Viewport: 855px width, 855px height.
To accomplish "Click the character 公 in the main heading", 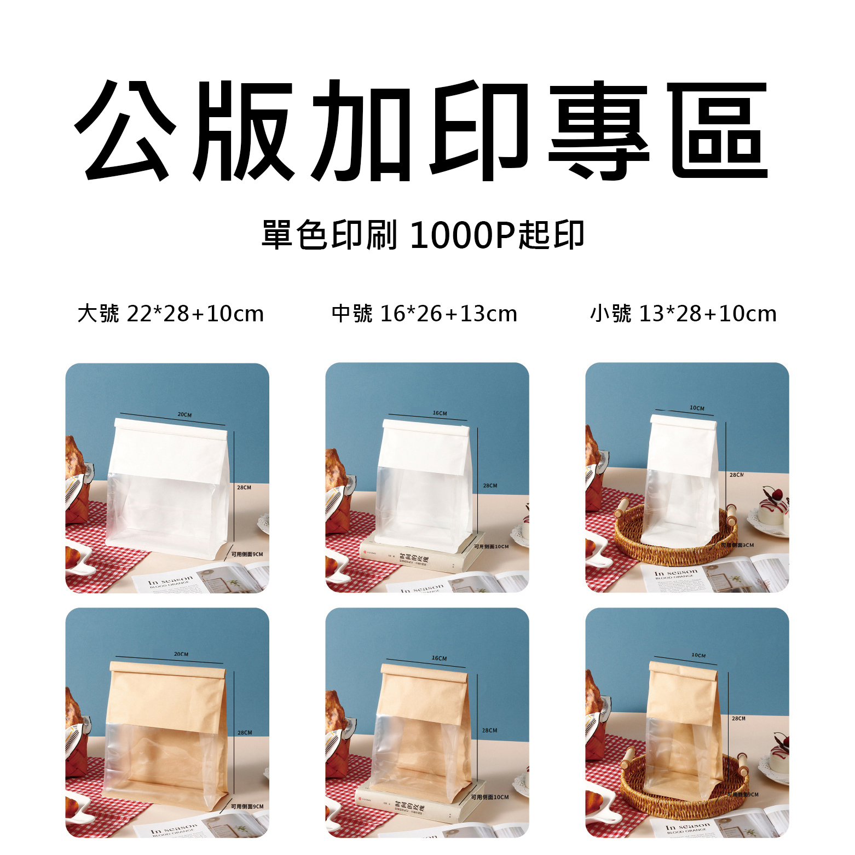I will (125, 131).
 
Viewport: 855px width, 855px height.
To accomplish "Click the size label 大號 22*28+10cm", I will (170, 314).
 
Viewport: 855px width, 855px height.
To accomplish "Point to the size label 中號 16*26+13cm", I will (424, 314).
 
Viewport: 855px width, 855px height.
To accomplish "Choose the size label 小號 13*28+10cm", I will (683, 314).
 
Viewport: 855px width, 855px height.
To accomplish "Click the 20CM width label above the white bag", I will (184, 415).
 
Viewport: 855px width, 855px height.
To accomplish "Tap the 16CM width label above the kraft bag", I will (439, 658).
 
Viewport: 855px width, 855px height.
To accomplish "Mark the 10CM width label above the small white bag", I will (697, 408).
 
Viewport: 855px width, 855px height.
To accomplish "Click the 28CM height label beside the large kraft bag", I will (245, 732).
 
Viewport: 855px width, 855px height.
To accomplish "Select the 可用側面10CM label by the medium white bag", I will (491, 546).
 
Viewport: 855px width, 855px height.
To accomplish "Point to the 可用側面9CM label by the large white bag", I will (247, 554).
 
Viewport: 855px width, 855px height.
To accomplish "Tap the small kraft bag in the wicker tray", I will (681, 733).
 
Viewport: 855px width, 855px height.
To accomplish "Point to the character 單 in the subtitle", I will (277, 235).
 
